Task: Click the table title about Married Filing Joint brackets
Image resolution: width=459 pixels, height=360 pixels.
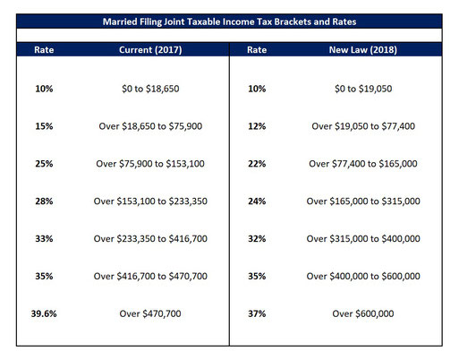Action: (x=229, y=21)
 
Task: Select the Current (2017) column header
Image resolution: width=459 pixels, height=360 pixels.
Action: (x=150, y=49)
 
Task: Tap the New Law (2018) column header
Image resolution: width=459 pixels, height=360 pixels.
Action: (x=363, y=49)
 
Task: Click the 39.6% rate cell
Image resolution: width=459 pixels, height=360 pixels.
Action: (x=44, y=313)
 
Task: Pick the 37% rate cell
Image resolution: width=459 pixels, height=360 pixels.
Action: (x=257, y=313)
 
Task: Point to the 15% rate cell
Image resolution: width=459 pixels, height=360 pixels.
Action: (x=44, y=126)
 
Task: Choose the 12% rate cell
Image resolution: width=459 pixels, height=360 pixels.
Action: (x=257, y=126)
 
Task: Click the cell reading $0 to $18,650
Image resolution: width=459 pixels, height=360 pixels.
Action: (x=150, y=89)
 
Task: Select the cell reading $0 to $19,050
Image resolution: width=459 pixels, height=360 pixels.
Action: (x=363, y=89)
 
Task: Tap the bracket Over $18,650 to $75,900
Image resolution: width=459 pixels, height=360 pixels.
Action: (x=150, y=126)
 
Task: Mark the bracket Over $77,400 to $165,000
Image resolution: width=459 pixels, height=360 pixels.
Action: (x=363, y=164)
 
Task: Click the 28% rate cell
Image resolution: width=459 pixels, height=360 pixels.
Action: (x=44, y=201)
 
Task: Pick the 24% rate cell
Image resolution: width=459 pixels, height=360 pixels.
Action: (x=257, y=201)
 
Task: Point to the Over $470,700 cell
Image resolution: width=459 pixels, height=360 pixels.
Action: (x=150, y=313)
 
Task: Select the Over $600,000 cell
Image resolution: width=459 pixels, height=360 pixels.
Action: (x=363, y=313)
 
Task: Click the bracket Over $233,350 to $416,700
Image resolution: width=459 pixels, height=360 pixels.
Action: (x=150, y=239)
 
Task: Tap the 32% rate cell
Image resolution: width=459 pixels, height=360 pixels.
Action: (x=257, y=239)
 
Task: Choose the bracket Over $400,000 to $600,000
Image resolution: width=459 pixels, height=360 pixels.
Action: (x=363, y=276)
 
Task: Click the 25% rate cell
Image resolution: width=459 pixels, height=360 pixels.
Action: (x=44, y=164)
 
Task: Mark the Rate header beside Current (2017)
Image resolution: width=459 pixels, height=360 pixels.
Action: (x=44, y=49)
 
